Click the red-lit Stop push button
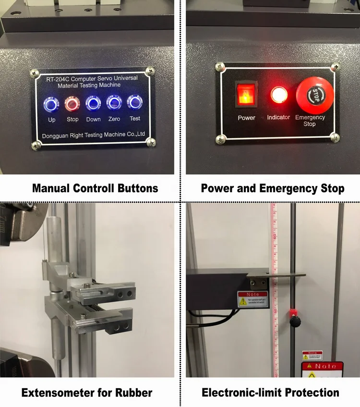[72, 103]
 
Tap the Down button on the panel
[93, 103]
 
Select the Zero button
[114, 103]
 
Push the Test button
[135, 103]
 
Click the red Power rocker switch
[245, 94]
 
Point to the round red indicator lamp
[278, 95]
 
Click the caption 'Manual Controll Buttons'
[95, 188]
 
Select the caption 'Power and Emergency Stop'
[273, 188]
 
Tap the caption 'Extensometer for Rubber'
[87, 393]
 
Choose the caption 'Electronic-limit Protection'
[270, 393]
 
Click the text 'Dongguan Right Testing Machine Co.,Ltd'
[93, 136]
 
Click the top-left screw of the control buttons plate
[34, 73]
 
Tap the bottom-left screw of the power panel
[220, 139]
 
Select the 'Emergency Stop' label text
[310, 121]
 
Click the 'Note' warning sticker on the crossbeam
[252, 299]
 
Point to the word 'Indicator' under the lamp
[278, 117]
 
